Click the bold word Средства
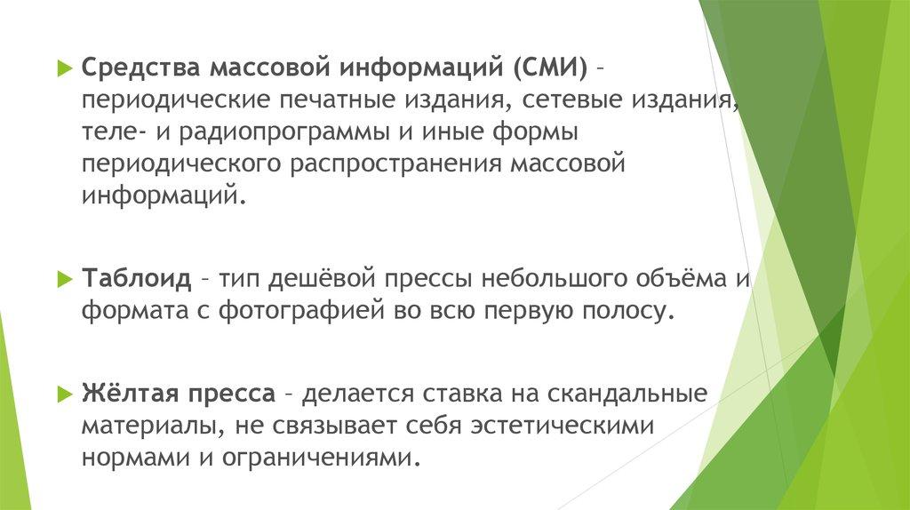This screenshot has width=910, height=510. tap(140, 68)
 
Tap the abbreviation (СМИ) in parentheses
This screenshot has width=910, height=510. tap(549, 68)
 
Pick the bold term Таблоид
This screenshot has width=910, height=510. tap(136, 278)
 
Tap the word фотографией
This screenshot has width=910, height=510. tap(301, 310)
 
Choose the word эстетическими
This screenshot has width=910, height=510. tap(563, 426)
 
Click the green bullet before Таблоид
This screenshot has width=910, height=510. tap(64, 280)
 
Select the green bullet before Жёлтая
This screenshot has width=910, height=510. tap(64, 394)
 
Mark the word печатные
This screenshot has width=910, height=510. tap(338, 100)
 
